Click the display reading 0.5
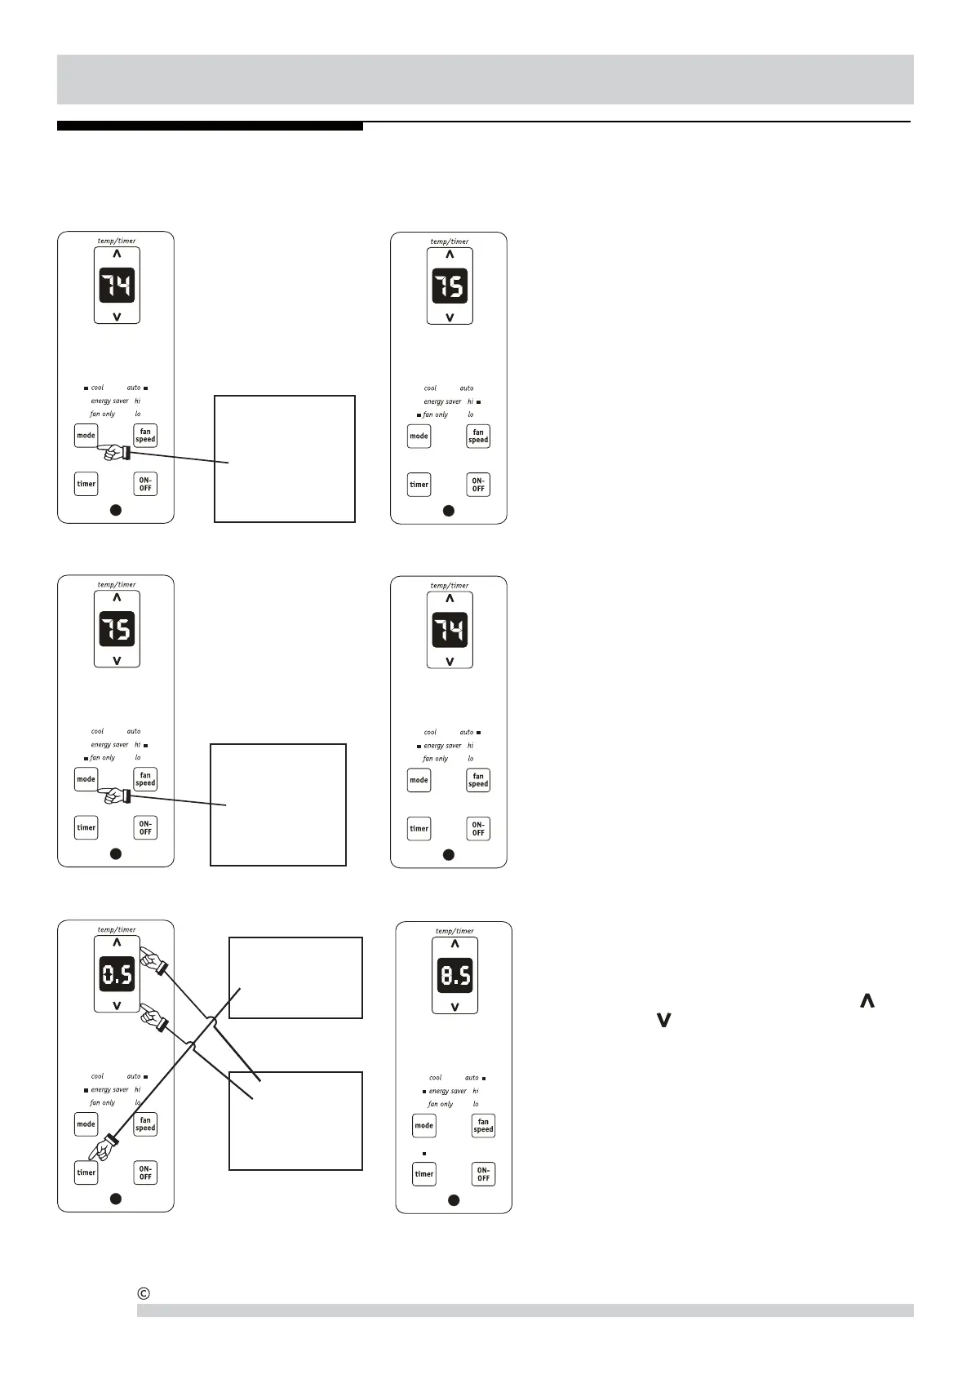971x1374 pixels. pyautogui.click(x=117, y=974)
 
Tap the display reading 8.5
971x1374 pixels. pyautogui.click(x=454, y=975)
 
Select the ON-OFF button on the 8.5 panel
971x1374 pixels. pyautogui.click(x=483, y=1174)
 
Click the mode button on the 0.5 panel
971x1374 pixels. pyautogui.click(x=86, y=1124)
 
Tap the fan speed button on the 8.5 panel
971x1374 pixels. pyautogui.click(x=483, y=1126)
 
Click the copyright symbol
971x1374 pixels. pyautogui.click(x=144, y=1293)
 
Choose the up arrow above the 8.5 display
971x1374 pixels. pyautogui.click(x=454, y=944)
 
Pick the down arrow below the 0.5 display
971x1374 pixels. pyautogui.click(x=117, y=1005)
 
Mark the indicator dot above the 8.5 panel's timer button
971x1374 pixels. pyautogui.click(x=424, y=1154)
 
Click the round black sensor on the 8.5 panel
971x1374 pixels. pyautogui.click(x=454, y=1200)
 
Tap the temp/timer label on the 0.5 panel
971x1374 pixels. pyautogui.click(x=117, y=929)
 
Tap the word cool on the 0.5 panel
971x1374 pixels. pyautogui.click(x=97, y=1076)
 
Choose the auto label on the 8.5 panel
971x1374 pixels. pyautogui.click(x=472, y=1078)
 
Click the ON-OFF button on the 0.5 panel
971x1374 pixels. pyautogui.click(x=145, y=1172)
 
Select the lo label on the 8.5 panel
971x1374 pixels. pyautogui.click(x=476, y=1104)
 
